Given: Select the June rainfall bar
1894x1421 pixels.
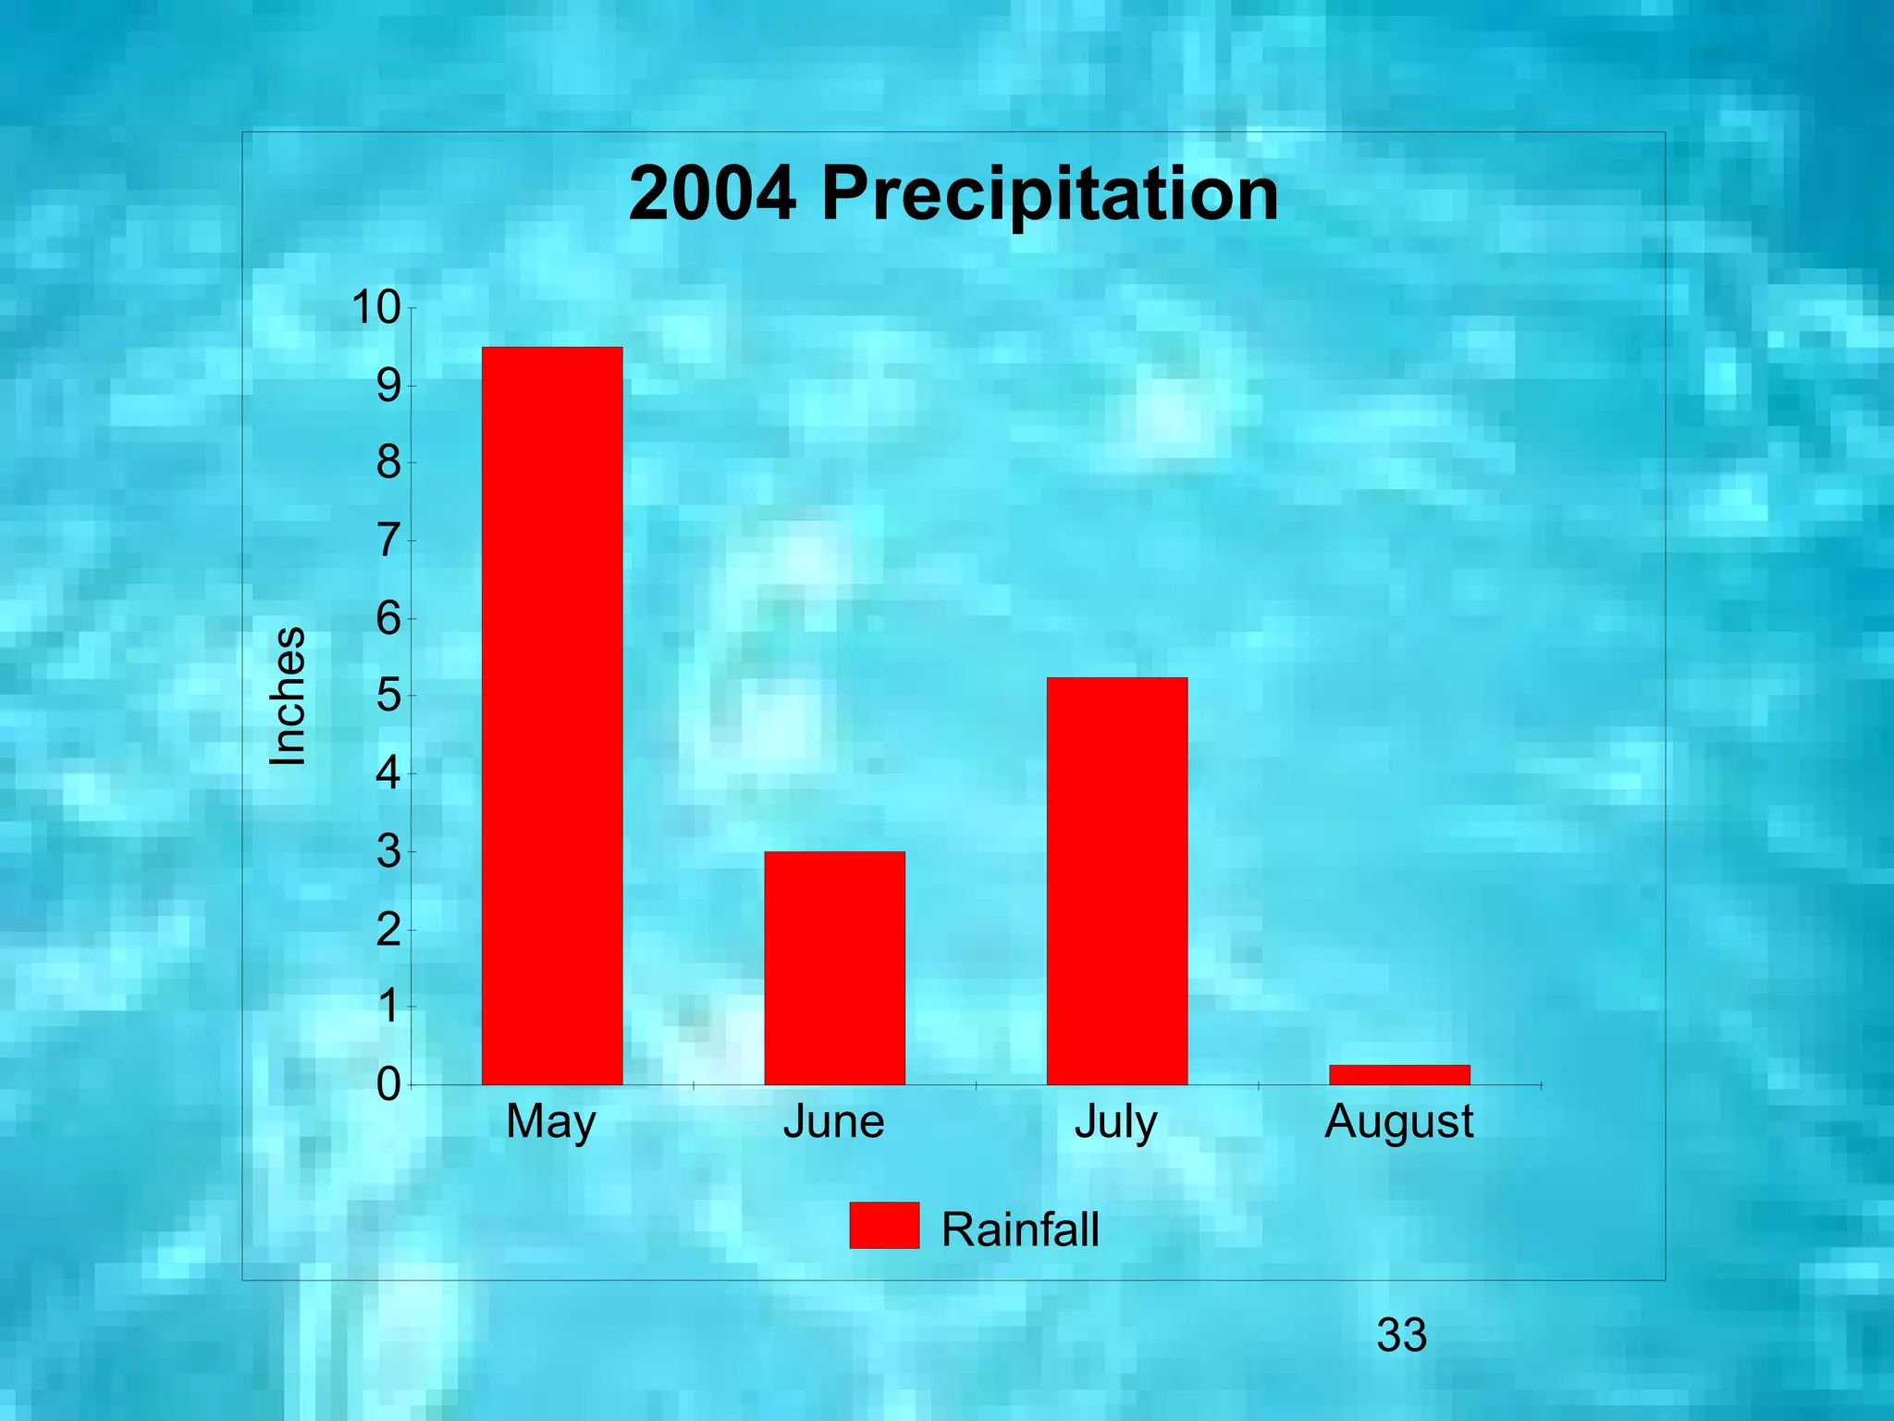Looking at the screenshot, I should (834, 968).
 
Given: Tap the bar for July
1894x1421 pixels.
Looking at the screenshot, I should (1116, 881).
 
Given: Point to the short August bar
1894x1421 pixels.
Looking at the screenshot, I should (1399, 1074).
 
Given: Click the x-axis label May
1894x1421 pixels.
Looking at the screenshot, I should (551, 1123).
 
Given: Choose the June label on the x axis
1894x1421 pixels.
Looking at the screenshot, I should (834, 1123).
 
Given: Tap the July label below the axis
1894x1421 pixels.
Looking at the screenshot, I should (1116, 1123).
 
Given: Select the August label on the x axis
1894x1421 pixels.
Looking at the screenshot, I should (1399, 1123).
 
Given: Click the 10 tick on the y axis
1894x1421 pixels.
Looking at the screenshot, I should (375, 308).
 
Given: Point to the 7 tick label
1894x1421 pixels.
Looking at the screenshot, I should (388, 541).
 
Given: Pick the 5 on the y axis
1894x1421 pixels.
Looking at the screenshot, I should (388, 696).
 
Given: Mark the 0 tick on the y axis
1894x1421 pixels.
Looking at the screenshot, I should (388, 1084).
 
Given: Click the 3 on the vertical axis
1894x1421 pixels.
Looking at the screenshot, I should (388, 851).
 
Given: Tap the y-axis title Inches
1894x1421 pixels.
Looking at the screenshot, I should (288, 696).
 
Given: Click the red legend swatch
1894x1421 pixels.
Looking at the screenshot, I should (884, 1226).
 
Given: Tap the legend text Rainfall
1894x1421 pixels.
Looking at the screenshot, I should (1020, 1229).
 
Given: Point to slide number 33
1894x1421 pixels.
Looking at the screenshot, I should (1401, 1335).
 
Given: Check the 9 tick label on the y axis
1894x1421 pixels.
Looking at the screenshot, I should (388, 386).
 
